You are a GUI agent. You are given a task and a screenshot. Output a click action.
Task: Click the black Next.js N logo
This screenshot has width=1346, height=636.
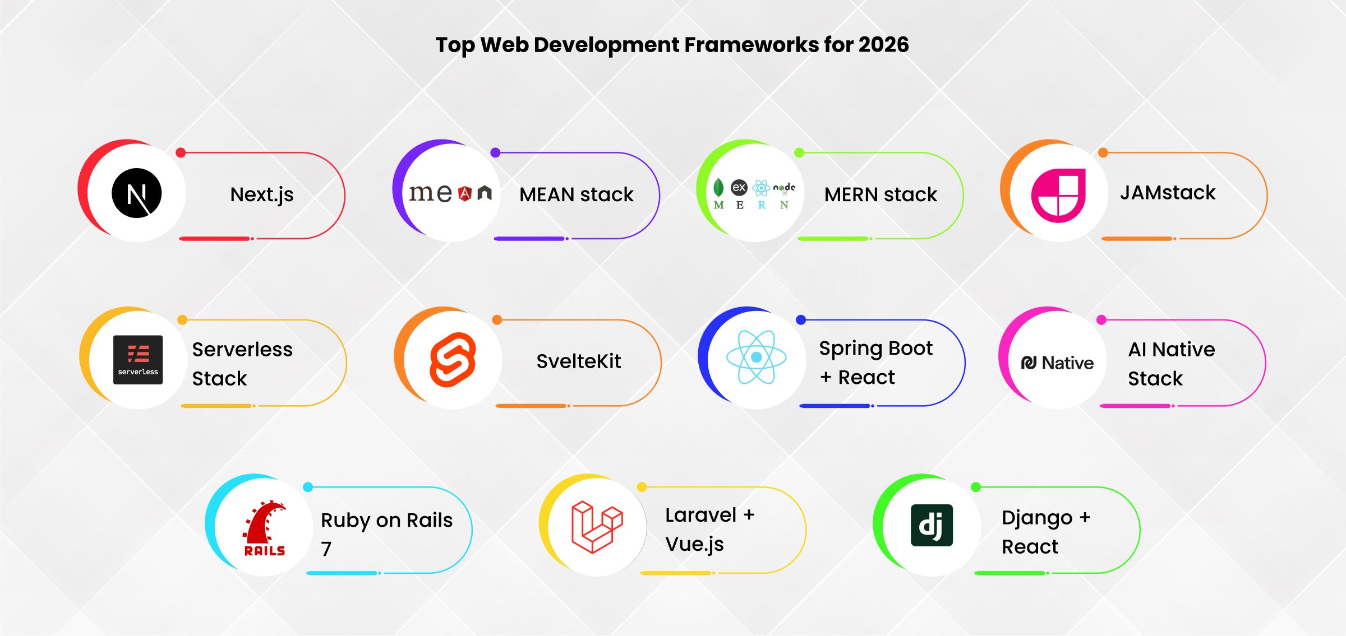point(137,193)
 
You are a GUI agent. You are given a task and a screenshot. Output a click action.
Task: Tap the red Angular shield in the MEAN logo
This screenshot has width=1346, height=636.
point(465,194)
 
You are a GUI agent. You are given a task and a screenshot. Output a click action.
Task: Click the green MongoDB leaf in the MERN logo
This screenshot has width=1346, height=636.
point(718,187)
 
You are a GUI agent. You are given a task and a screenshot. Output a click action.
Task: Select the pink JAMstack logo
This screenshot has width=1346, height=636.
point(1058,195)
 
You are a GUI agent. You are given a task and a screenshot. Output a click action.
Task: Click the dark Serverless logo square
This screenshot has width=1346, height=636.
point(138,360)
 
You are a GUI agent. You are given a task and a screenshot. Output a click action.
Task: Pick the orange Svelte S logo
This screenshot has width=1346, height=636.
point(453,360)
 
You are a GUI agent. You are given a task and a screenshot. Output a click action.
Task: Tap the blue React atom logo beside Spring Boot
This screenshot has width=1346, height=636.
point(756,357)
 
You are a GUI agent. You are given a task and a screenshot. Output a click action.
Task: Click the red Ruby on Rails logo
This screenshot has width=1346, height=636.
point(265,528)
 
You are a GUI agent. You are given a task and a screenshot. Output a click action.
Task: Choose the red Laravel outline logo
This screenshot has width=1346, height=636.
point(597,527)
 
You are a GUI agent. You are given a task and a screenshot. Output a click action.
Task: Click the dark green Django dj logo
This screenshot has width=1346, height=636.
point(932,525)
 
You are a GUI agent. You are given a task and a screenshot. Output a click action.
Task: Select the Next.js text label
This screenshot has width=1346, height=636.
point(262,195)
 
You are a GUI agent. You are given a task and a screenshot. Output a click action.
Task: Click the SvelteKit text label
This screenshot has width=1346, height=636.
point(579,361)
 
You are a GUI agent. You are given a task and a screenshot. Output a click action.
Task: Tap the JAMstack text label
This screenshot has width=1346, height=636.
point(1168,192)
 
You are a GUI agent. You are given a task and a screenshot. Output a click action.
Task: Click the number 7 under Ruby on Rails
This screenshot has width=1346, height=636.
point(326,549)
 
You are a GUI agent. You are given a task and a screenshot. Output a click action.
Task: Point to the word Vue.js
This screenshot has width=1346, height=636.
point(694,545)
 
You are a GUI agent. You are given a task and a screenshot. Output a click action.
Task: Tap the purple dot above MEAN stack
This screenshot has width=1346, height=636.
point(495,152)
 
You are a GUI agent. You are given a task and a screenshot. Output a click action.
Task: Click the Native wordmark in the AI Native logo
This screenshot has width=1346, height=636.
point(1068,363)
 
